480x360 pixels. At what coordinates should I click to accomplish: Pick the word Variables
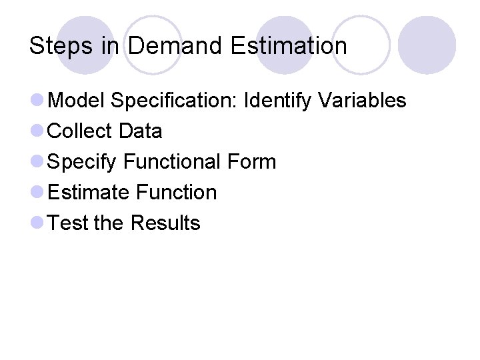(362, 101)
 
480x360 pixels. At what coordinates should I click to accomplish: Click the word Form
(253, 162)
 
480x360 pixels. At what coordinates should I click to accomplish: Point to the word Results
(165, 223)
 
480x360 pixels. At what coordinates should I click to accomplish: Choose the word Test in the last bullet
(69, 223)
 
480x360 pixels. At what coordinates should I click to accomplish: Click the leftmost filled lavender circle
(85, 45)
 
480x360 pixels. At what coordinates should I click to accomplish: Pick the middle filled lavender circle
(285, 45)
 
